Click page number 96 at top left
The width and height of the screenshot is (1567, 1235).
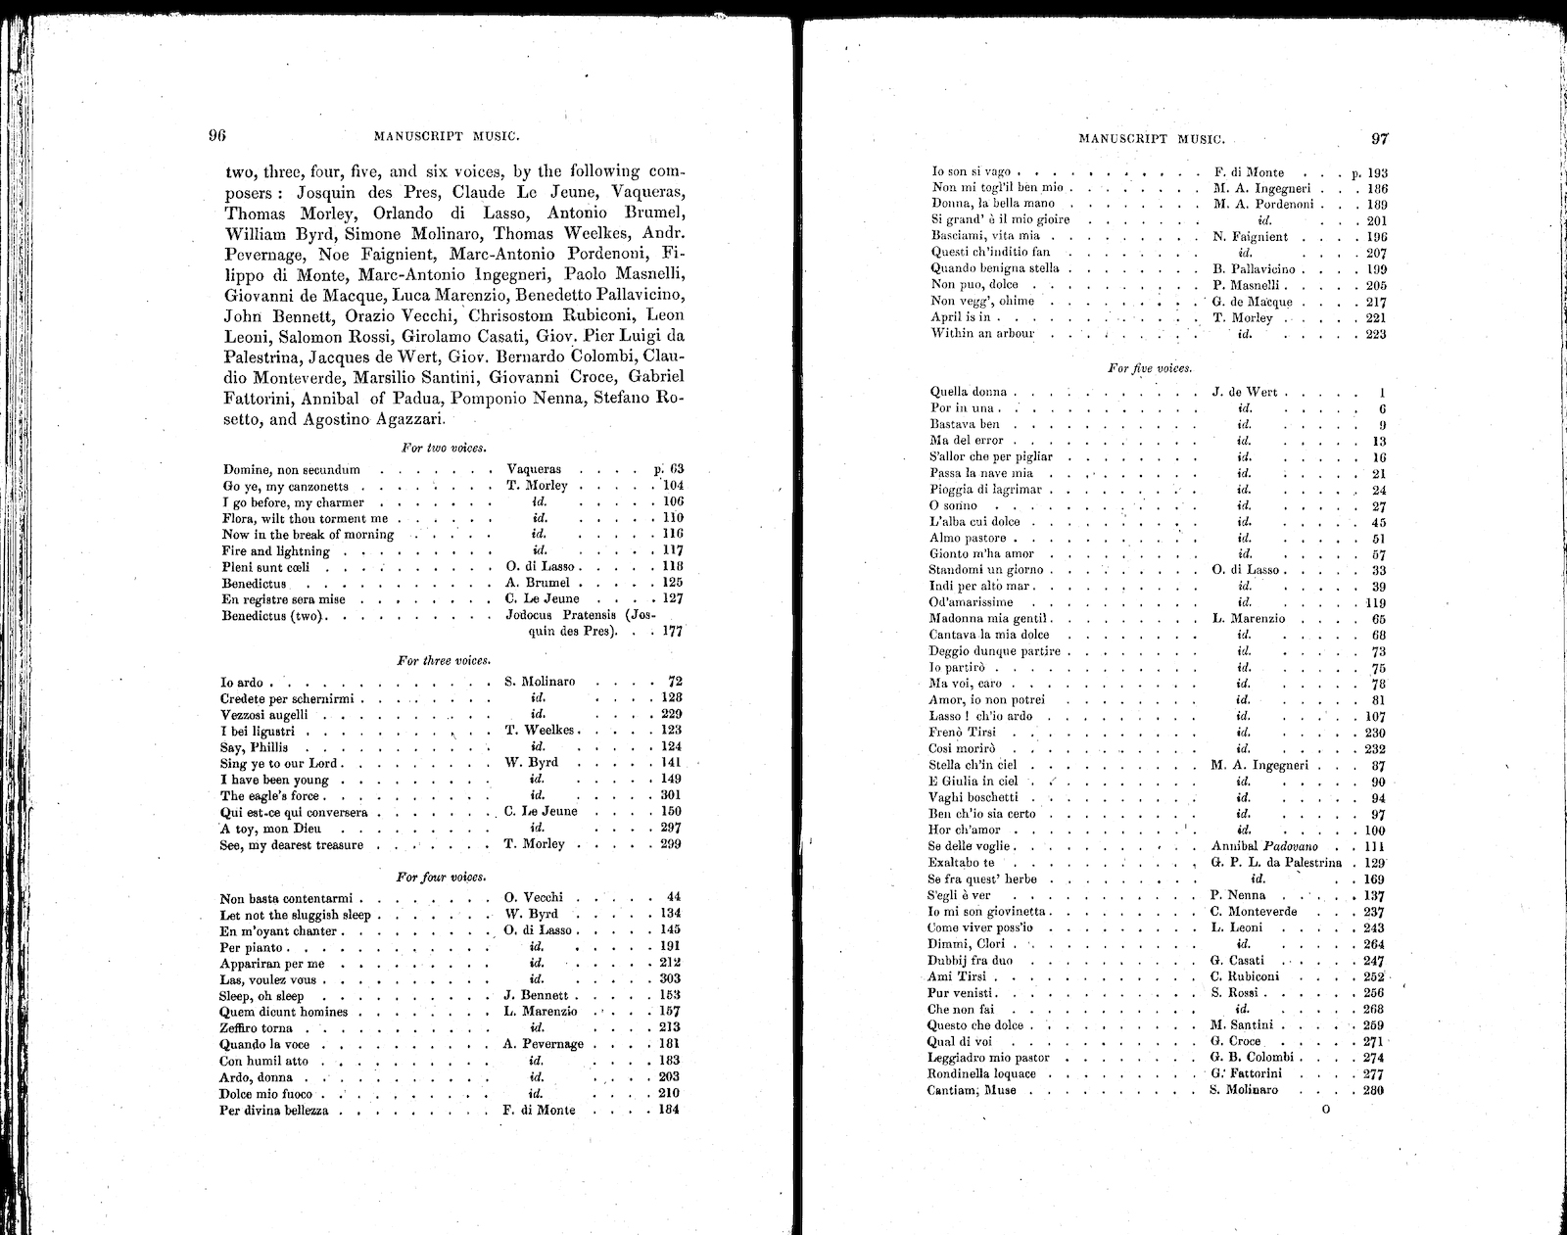click(x=216, y=136)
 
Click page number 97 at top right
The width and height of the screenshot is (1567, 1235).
click(x=1380, y=138)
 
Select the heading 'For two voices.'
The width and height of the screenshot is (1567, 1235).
click(x=444, y=448)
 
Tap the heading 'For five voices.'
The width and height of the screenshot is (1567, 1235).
click(x=1149, y=368)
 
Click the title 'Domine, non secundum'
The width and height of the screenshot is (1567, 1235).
click(x=291, y=470)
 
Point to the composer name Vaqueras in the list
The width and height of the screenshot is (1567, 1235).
click(x=534, y=470)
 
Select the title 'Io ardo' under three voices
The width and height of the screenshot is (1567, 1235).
click(x=241, y=682)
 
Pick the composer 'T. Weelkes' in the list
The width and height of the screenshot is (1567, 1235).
click(x=539, y=731)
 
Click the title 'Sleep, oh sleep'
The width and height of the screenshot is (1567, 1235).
click(x=261, y=996)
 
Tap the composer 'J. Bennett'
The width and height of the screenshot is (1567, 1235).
click(x=536, y=996)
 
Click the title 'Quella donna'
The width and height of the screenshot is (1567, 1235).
click(x=968, y=392)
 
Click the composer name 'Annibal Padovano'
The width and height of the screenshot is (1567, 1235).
click(x=1264, y=846)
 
